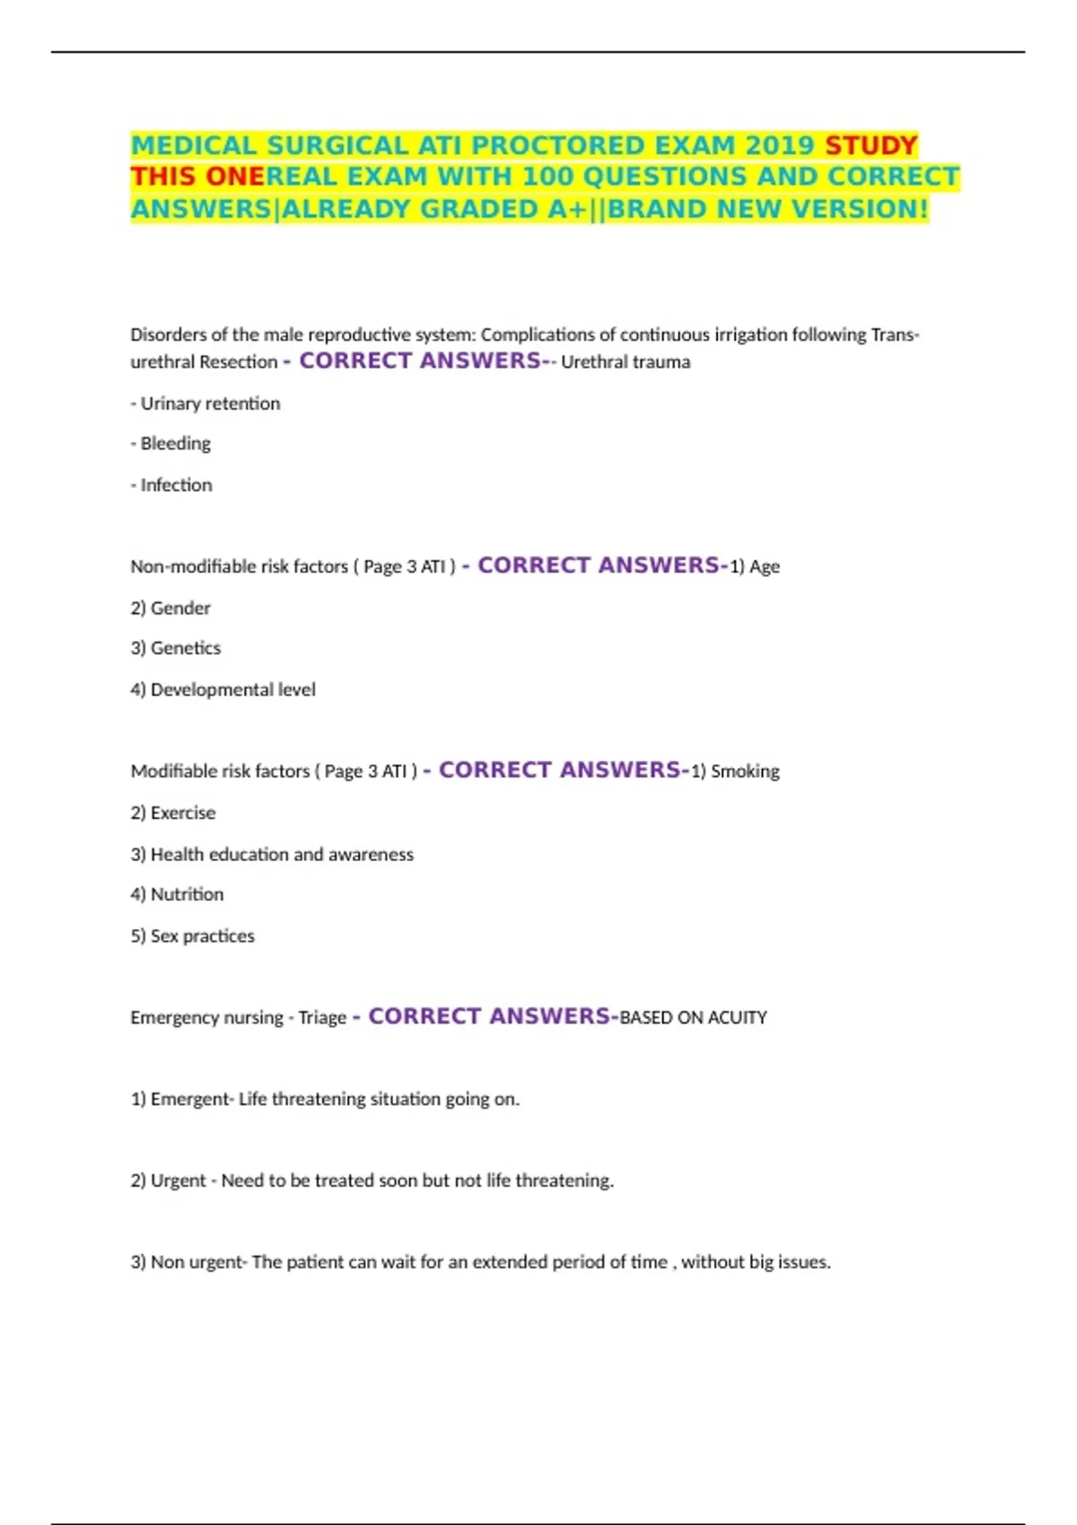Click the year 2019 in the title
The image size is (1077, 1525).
pyautogui.click(x=779, y=145)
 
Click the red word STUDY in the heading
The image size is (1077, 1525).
pyautogui.click(x=871, y=145)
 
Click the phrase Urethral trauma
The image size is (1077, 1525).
pyautogui.click(x=626, y=362)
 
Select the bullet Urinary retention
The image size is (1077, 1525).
pyautogui.click(x=210, y=404)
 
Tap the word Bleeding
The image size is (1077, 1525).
pyautogui.click(x=176, y=444)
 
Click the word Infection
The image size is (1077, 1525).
pyautogui.click(x=177, y=485)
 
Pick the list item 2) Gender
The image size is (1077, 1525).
pyautogui.click(x=171, y=608)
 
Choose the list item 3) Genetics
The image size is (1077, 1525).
pyautogui.click(x=176, y=649)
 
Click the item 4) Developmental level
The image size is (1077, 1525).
pyautogui.click(x=223, y=690)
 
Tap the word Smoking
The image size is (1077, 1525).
pyautogui.click(x=745, y=771)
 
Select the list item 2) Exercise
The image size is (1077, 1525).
pyautogui.click(x=173, y=813)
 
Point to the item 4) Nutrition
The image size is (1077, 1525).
pyautogui.click(x=177, y=894)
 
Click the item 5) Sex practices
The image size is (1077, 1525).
pyautogui.click(x=193, y=936)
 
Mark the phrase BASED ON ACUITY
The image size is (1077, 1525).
pyautogui.click(x=693, y=1017)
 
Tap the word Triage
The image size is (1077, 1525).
pyautogui.click(x=322, y=1017)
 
